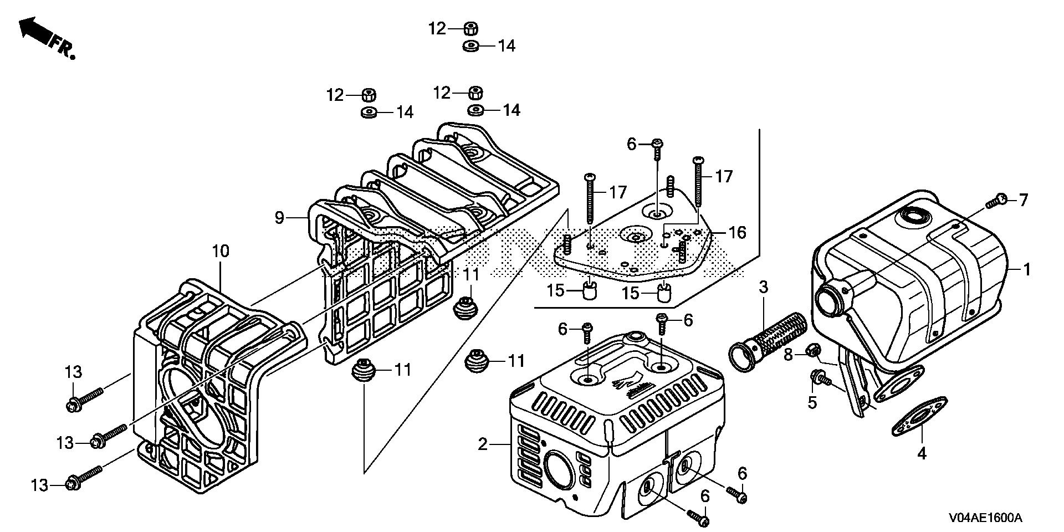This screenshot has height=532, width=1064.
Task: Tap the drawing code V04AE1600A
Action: (x=985, y=518)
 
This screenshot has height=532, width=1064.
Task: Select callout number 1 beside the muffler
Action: (x=1027, y=270)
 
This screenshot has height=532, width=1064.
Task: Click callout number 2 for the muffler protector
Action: (x=483, y=444)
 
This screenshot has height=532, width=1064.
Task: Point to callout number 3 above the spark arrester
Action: (x=763, y=287)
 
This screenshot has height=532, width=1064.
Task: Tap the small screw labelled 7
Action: (x=997, y=200)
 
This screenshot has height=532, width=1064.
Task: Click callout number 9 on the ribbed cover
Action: (x=279, y=218)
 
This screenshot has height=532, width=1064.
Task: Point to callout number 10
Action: (x=220, y=251)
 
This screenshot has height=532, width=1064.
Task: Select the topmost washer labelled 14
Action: (x=471, y=45)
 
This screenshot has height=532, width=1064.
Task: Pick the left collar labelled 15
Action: (x=590, y=289)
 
